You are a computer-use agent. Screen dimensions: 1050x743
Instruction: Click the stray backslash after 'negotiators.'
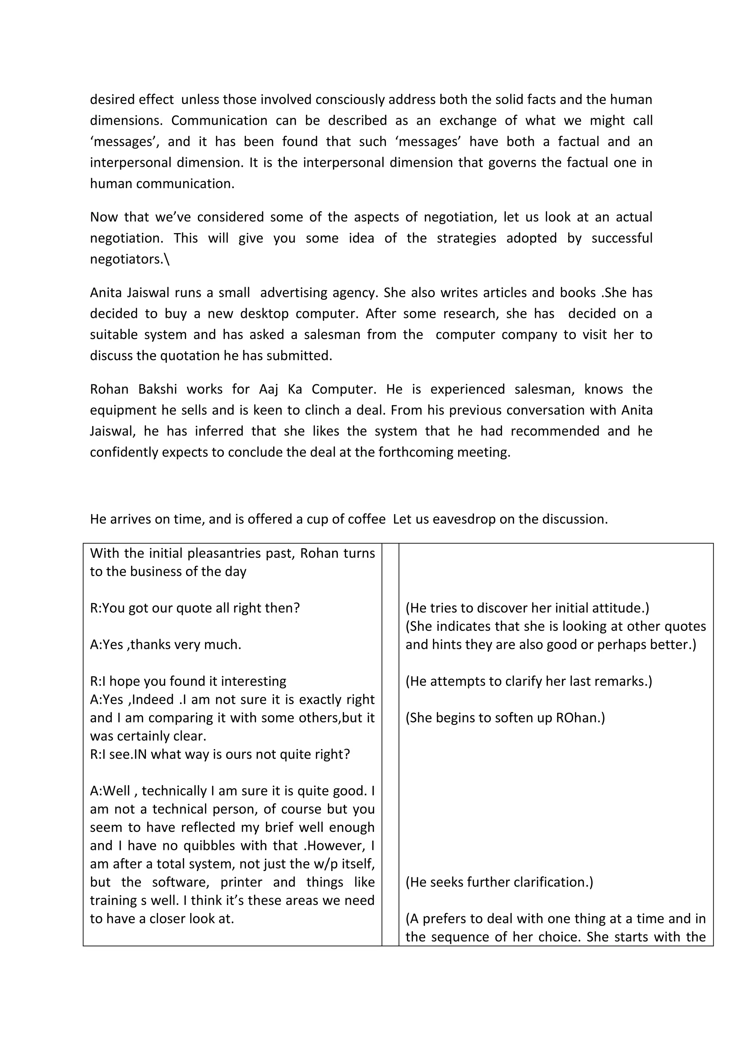167,259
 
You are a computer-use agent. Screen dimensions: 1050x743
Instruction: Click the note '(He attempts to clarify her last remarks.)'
529,681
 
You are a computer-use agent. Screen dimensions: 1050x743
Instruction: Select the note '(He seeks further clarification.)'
499,882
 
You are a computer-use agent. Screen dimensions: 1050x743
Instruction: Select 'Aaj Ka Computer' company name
317,389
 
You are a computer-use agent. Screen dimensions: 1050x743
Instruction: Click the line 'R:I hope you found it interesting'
188,681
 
